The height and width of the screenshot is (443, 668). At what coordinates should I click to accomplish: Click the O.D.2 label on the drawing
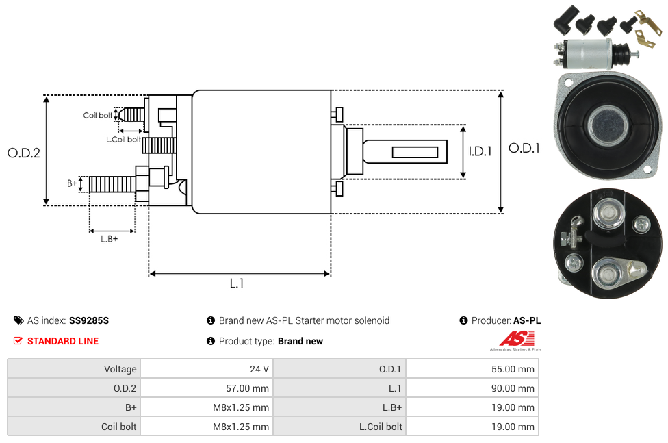coord(24,153)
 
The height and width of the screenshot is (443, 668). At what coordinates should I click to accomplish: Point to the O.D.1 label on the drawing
coord(524,148)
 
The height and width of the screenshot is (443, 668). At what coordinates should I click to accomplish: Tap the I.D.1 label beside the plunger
coord(480,151)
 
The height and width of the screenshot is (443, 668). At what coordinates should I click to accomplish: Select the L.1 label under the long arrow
coord(237,283)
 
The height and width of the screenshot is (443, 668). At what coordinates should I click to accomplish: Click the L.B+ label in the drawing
coord(110,239)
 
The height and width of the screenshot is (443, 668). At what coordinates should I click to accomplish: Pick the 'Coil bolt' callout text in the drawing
coord(97,115)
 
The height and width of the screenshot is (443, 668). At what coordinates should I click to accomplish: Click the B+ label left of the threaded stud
coord(72,183)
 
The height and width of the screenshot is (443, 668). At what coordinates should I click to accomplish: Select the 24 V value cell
coord(259,369)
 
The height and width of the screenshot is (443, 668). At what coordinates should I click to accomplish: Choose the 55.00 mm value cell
coord(513,369)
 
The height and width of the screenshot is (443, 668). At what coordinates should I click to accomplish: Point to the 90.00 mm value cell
coord(513,388)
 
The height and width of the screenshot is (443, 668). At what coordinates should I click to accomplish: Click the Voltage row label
coord(120,369)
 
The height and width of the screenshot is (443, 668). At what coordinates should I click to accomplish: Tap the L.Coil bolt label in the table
coord(381,427)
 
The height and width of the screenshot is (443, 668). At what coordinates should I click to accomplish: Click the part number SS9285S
coord(89,320)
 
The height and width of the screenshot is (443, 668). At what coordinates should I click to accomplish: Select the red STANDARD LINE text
coord(63,341)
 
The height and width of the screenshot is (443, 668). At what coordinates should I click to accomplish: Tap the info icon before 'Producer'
coord(464,320)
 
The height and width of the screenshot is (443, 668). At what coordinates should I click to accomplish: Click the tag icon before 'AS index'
coord(18,320)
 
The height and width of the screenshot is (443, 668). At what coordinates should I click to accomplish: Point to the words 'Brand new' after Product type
coord(300,341)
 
